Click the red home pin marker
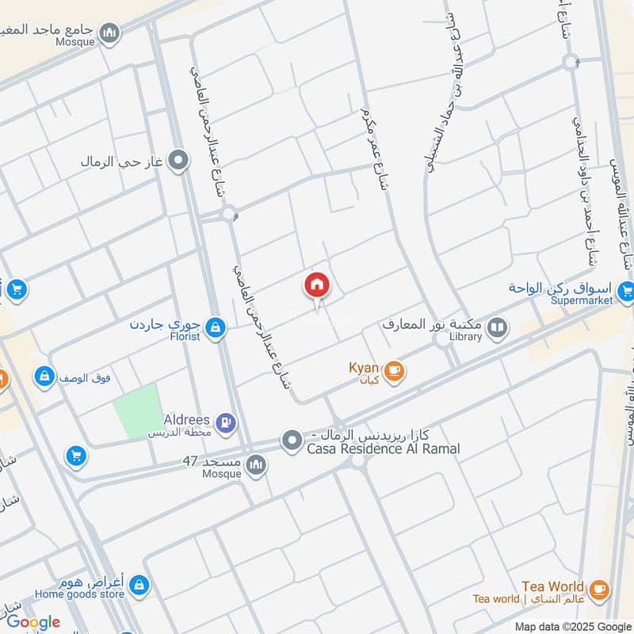coord(317,286)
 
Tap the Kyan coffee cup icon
coord(394,370)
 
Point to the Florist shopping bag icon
coord(215,327)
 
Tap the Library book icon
coord(497,327)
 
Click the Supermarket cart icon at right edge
coord(625,292)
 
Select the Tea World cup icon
coord(599,589)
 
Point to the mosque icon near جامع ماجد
coord(111,32)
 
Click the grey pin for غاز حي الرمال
coord(180,161)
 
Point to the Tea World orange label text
coord(553,586)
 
